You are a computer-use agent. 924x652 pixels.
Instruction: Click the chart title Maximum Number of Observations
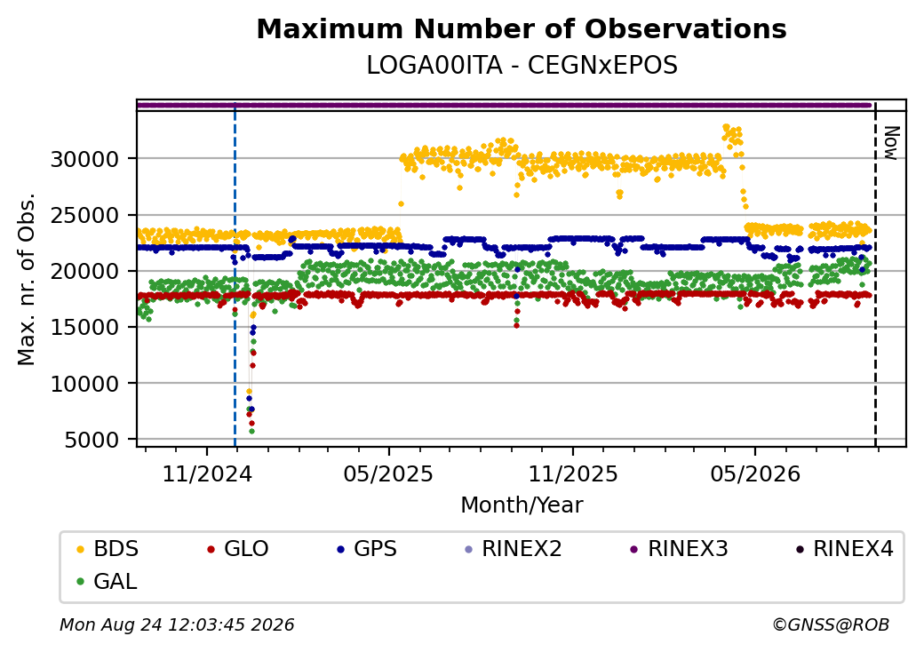[522, 28]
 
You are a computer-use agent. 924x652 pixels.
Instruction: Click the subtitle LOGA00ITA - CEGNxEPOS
[522, 66]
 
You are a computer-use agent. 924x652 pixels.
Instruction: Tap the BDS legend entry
[108, 549]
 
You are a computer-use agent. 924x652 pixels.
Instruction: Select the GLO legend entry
[238, 549]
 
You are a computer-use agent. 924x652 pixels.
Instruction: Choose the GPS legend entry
[367, 549]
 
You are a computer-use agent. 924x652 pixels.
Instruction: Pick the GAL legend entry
[108, 581]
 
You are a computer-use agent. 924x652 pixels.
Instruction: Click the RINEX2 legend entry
[514, 549]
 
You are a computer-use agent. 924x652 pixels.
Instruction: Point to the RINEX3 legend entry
[680, 549]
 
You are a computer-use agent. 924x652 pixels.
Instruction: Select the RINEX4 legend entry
[845, 549]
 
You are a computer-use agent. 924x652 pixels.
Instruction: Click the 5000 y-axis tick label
[92, 440]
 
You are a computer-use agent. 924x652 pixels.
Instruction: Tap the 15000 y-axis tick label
[84, 328]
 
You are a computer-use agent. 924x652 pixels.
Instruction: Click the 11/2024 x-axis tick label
[207, 474]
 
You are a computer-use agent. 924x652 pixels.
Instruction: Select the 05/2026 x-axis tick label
[755, 474]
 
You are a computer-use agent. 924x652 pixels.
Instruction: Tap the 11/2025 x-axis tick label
[573, 474]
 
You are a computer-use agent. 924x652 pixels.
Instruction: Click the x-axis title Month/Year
[522, 505]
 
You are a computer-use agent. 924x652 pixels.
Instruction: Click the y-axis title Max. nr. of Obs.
[27, 279]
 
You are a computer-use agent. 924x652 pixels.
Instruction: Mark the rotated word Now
[892, 143]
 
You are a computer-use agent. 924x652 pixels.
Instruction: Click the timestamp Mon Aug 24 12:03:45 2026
[177, 624]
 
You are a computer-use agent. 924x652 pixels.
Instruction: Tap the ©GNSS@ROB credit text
[831, 624]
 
